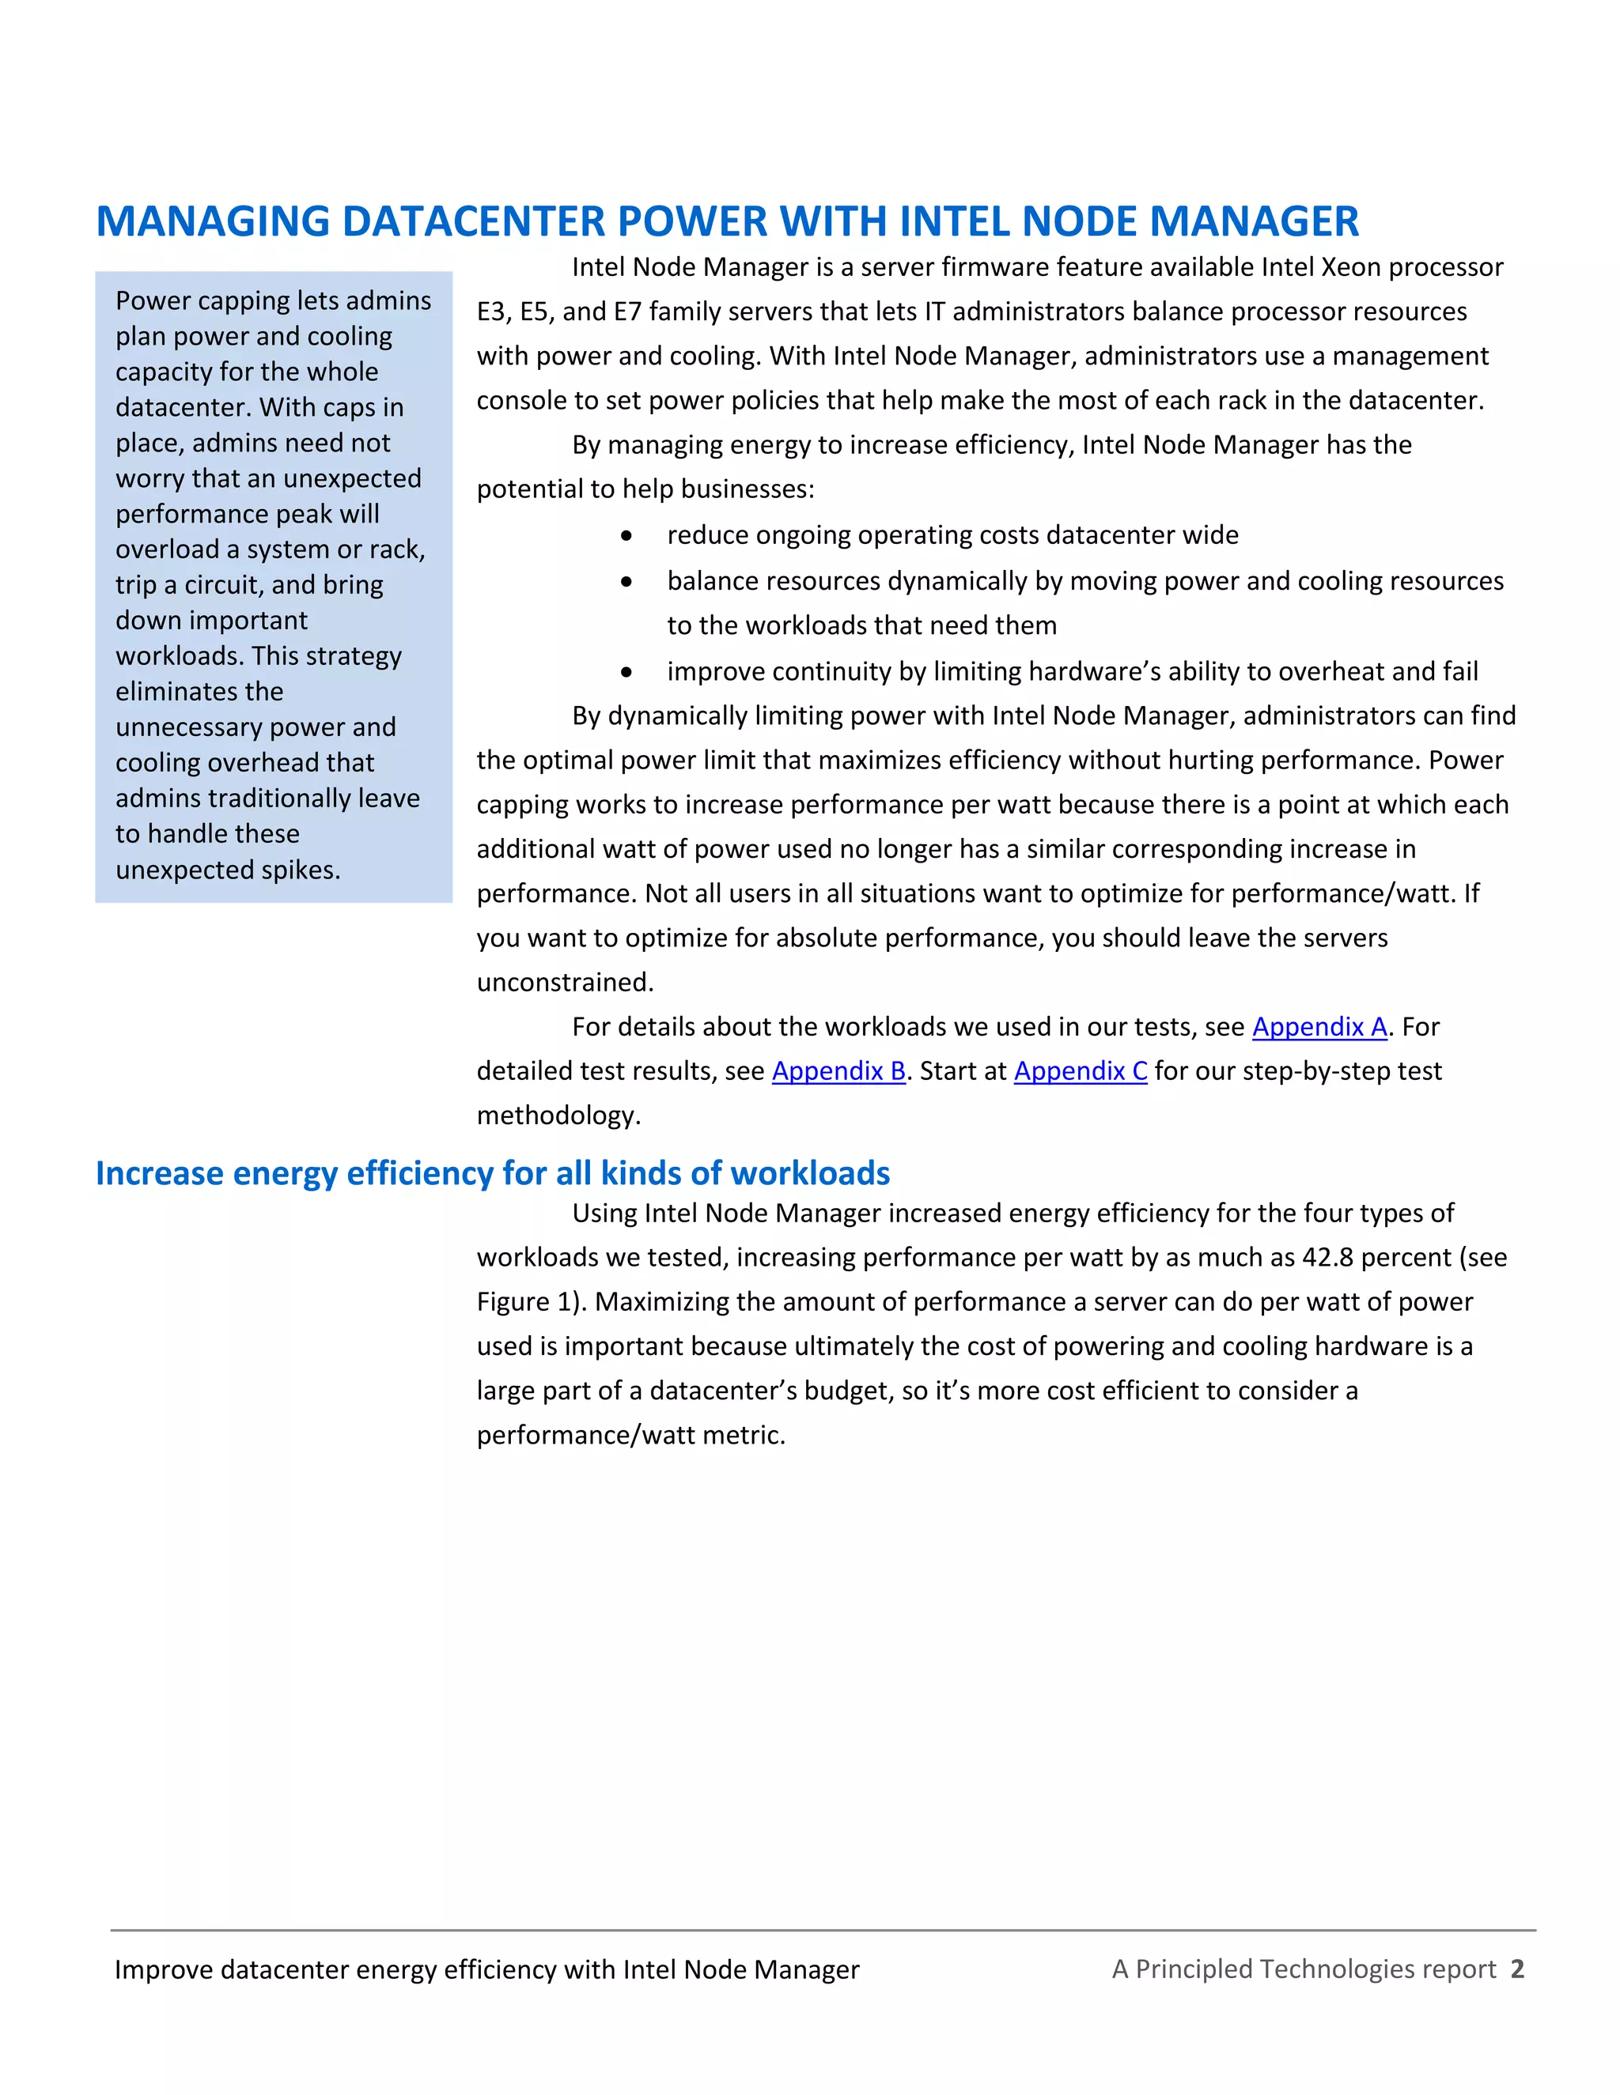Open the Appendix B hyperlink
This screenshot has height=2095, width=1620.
pyautogui.click(x=838, y=1070)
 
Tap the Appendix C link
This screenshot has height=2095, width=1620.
pyautogui.click(x=1080, y=1070)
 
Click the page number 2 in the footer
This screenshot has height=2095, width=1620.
pyautogui.click(x=1516, y=1969)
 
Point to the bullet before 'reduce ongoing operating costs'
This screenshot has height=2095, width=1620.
pyautogui.click(x=626, y=535)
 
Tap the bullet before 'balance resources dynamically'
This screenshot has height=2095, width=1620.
pyautogui.click(x=626, y=581)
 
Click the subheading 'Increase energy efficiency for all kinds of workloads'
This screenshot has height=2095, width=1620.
pyautogui.click(x=492, y=1173)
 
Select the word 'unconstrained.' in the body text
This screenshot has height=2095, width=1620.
pyautogui.click(x=564, y=982)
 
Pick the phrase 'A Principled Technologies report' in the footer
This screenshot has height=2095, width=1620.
pyautogui.click(x=1304, y=1969)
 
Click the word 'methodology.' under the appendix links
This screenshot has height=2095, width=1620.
pyautogui.click(x=558, y=1115)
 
